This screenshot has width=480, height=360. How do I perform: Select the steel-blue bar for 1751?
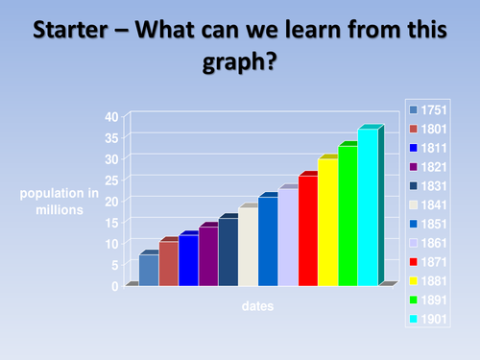[x=148, y=269]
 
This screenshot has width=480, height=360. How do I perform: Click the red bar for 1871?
[x=307, y=230]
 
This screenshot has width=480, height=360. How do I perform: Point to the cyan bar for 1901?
[x=368, y=206]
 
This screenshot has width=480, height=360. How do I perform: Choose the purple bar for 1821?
[x=208, y=256]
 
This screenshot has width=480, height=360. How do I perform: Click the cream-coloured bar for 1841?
[x=248, y=247]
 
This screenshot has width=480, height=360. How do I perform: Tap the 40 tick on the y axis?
[x=112, y=116]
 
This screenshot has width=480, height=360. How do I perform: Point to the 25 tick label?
[x=112, y=180]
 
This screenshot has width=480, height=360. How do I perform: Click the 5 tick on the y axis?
[x=115, y=264]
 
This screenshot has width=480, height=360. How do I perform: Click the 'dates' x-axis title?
[x=257, y=306]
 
